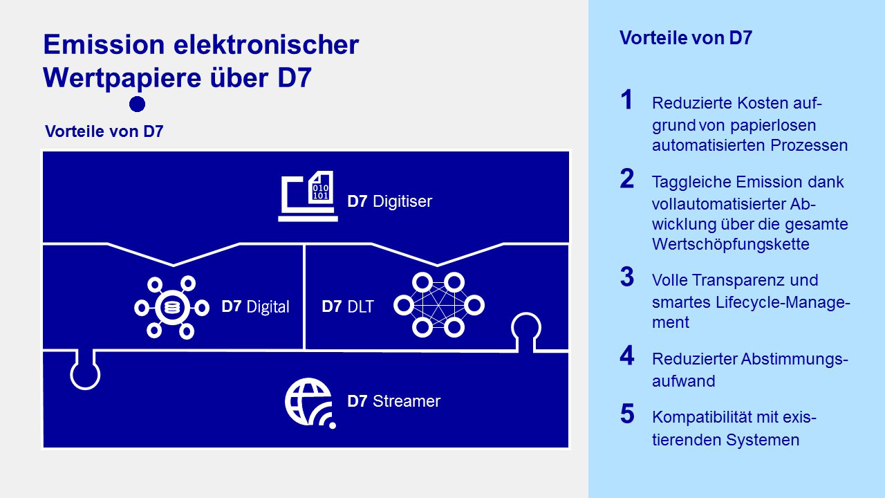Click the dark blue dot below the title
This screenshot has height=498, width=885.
tap(137, 104)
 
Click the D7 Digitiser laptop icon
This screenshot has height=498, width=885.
tap(308, 196)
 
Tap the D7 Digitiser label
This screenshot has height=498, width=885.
tap(389, 201)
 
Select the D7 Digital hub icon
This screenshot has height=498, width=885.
tap(171, 307)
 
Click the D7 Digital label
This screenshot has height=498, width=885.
tap(255, 306)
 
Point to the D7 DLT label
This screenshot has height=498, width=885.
tap(347, 306)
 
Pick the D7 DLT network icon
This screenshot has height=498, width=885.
tap(438, 305)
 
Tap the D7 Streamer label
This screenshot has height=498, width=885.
tap(393, 401)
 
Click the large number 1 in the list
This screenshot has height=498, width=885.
tap(626, 100)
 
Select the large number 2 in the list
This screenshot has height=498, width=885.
tap(626, 179)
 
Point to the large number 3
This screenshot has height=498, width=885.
tap(626, 277)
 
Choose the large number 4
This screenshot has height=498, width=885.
tap(626, 356)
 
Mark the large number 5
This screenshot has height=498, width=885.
tap(626, 414)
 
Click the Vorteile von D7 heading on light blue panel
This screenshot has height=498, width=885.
tap(685, 38)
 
